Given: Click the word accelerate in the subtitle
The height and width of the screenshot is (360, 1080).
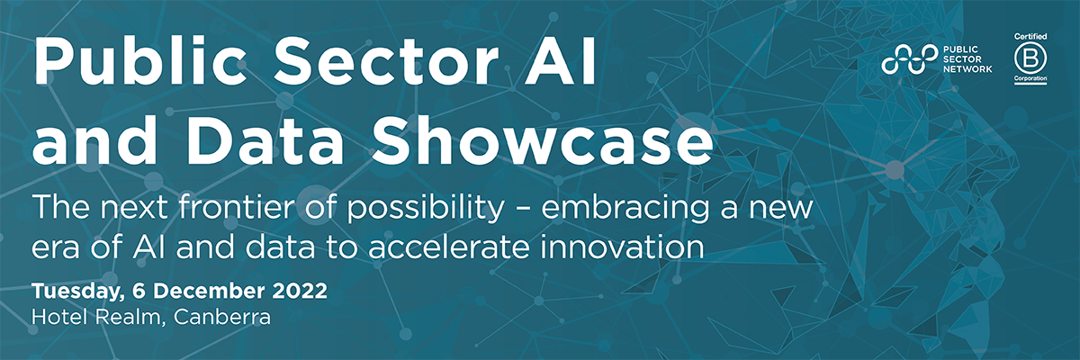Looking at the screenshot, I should tap(482, 247).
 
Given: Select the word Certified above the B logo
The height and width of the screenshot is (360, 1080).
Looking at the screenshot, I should tap(1025, 34).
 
